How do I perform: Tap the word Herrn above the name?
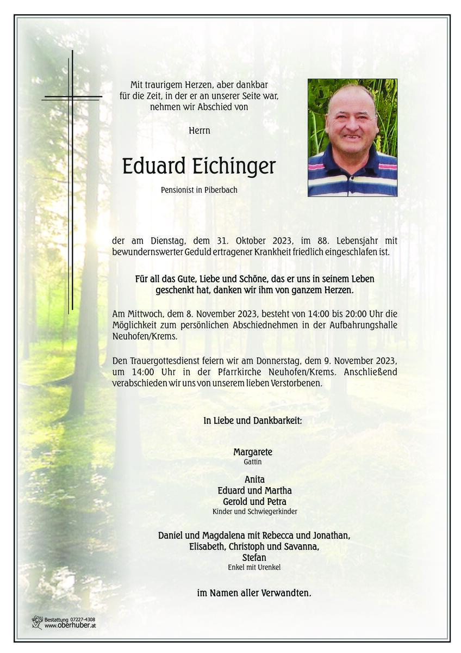[200, 131]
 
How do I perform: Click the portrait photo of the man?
[352, 138]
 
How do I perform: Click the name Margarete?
[253, 452]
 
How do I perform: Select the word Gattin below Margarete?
[253, 461]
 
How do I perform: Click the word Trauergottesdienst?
[167, 361]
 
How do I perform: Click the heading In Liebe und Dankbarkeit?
[253, 420]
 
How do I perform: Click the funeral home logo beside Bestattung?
[37, 623]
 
